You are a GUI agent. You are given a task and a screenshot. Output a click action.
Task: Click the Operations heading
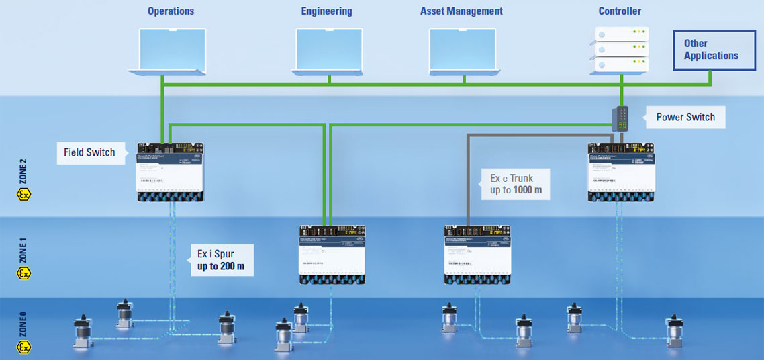point(171,11)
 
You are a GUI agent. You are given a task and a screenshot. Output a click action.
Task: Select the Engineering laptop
point(329,51)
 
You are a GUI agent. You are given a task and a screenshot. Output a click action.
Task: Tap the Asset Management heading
point(461,11)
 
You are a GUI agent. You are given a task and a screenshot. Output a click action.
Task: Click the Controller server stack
point(621,50)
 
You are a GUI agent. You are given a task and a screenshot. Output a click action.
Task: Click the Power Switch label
point(685,117)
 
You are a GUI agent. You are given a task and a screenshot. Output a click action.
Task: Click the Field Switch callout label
point(89,152)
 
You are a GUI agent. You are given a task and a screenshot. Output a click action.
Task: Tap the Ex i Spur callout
point(221,261)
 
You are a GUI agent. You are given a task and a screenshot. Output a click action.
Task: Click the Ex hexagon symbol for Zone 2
point(23,195)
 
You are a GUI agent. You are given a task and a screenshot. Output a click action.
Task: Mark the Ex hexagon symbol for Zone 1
point(23,273)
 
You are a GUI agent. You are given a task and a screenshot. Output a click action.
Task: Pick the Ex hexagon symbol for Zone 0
point(23,347)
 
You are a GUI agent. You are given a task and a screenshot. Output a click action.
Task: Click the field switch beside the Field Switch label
point(170,173)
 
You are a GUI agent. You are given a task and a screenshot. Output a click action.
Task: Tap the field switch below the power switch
point(621,173)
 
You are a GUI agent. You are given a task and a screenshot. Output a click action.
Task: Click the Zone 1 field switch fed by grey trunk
point(477,254)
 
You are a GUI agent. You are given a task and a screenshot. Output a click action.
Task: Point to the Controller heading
point(620,11)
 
